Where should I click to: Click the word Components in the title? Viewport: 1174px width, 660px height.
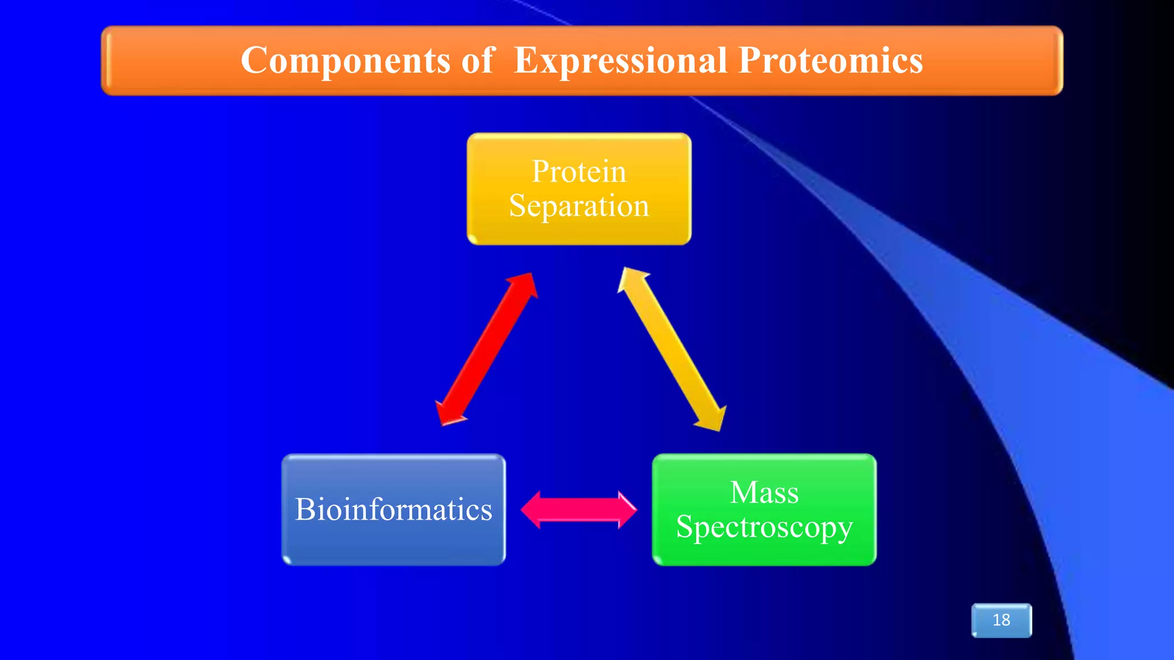coord(345,61)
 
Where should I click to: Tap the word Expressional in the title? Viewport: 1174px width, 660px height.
coord(620,61)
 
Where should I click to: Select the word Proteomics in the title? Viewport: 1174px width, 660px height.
coord(831,61)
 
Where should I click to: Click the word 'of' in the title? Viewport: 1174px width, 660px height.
coord(477,61)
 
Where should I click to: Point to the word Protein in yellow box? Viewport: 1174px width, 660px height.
coord(579,171)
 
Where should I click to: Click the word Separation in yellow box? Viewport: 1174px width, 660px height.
coord(579,206)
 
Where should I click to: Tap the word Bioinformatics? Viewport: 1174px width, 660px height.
coord(393,509)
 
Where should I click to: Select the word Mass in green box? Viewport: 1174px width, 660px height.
coord(764,493)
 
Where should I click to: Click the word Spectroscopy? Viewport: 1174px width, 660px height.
coord(764,527)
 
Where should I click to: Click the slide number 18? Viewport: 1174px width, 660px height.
coord(1001,620)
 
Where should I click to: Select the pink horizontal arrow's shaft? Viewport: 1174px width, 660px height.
coord(579,509)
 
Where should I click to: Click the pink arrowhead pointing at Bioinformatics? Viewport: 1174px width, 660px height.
coord(531,509)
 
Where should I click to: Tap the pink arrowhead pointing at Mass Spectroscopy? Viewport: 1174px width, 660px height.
coord(627,509)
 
